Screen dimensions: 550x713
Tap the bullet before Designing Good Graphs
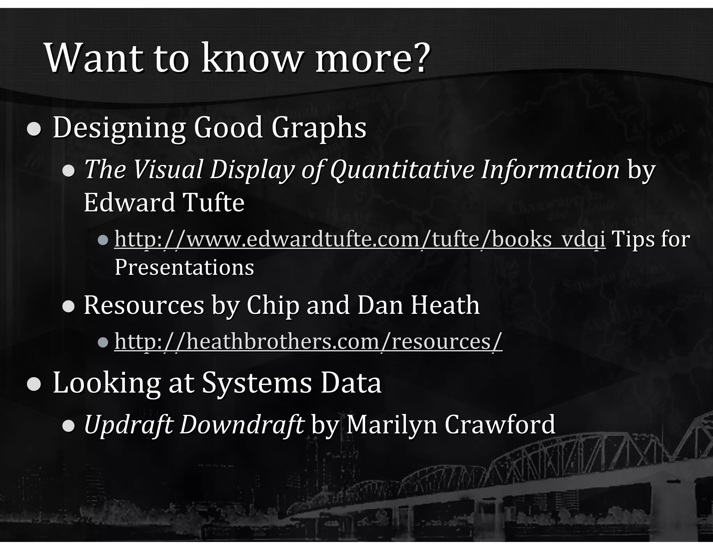click(x=34, y=129)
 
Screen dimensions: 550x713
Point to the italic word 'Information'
click(x=550, y=170)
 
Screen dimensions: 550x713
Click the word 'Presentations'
click(x=184, y=267)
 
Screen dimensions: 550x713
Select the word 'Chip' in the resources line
click(x=273, y=305)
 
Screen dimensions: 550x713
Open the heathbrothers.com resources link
click(x=308, y=342)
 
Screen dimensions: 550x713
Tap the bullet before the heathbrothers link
click(x=103, y=343)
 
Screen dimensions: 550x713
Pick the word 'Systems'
click(x=257, y=383)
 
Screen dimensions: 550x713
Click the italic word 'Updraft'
click(x=128, y=424)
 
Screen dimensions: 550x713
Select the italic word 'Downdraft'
click(x=242, y=424)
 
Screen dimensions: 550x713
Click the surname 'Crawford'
click(x=499, y=424)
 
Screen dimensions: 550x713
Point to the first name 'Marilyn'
click(x=391, y=424)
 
